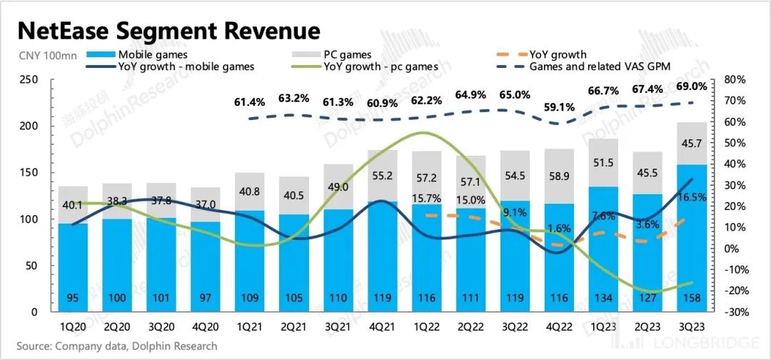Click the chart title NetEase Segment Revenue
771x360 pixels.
(x=168, y=31)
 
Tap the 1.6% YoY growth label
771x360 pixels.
(x=559, y=229)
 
